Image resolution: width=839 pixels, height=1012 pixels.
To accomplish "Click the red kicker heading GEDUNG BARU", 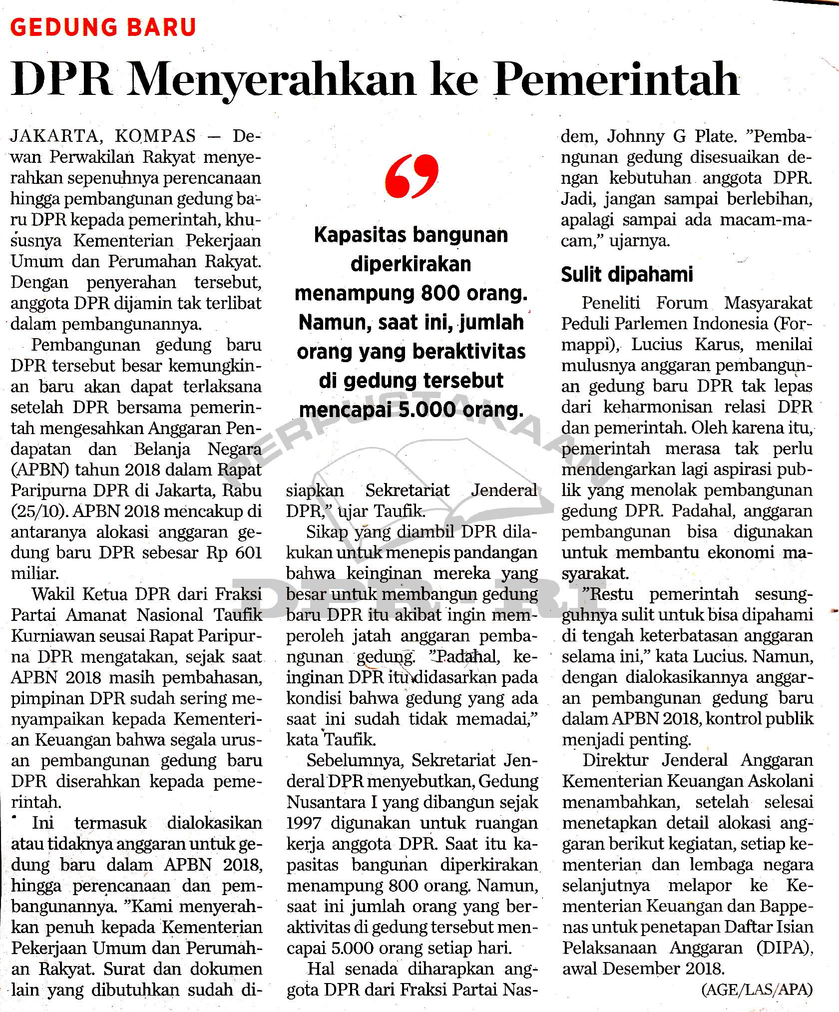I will (103, 27).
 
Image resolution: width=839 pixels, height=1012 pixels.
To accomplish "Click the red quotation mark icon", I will (413, 176).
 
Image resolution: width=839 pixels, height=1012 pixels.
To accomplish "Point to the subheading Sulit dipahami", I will (627, 274).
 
